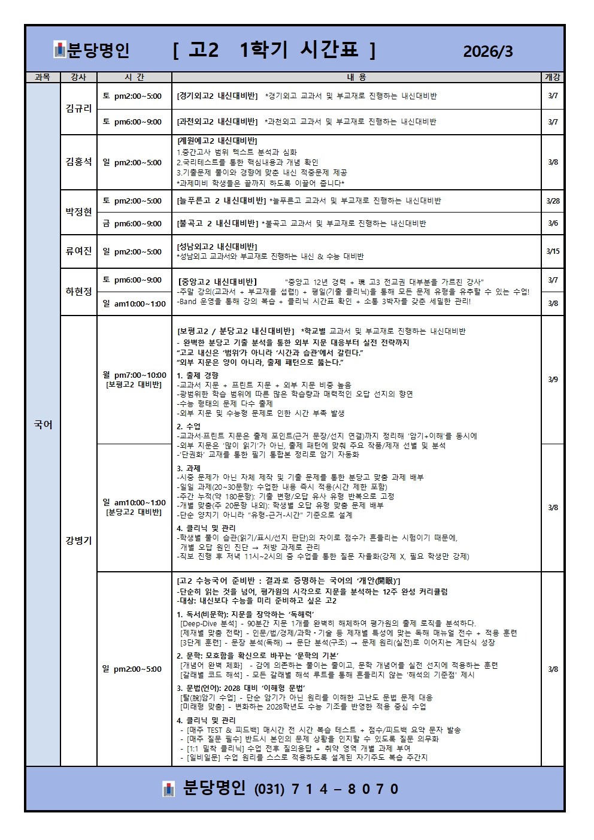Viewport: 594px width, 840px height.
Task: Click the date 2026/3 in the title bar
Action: [x=488, y=51]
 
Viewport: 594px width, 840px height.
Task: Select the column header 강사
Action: [x=78, y=77]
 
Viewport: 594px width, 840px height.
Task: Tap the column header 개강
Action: [x=553, y=77]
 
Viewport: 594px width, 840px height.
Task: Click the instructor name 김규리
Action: [x=78, y=108]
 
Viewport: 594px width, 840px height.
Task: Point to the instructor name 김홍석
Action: [x=78, y=162]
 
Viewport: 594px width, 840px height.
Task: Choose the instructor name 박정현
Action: [x=78, y=212]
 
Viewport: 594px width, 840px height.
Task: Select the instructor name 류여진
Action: [x=78, y=251]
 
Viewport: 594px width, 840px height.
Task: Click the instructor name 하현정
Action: [x=78, y=292]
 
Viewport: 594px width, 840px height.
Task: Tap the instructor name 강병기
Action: [x=78, y=540]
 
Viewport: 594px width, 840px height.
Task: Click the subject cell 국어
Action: [x=43, y=424]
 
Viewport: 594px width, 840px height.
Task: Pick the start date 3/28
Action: [x=553, y=201]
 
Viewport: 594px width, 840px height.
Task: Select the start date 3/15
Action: [x=553, y=251]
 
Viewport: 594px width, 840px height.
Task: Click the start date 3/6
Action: [x=553, y=223]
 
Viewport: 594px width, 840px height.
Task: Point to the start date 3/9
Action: [x=553, y=379]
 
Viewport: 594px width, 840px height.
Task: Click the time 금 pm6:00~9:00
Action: [x=132, y=223]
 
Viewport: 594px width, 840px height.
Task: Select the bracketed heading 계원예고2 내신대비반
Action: [x=217, y=141]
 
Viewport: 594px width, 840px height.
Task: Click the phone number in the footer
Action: [x=326, y=789]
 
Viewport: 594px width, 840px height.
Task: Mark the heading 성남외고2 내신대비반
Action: [x=217, y=247]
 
